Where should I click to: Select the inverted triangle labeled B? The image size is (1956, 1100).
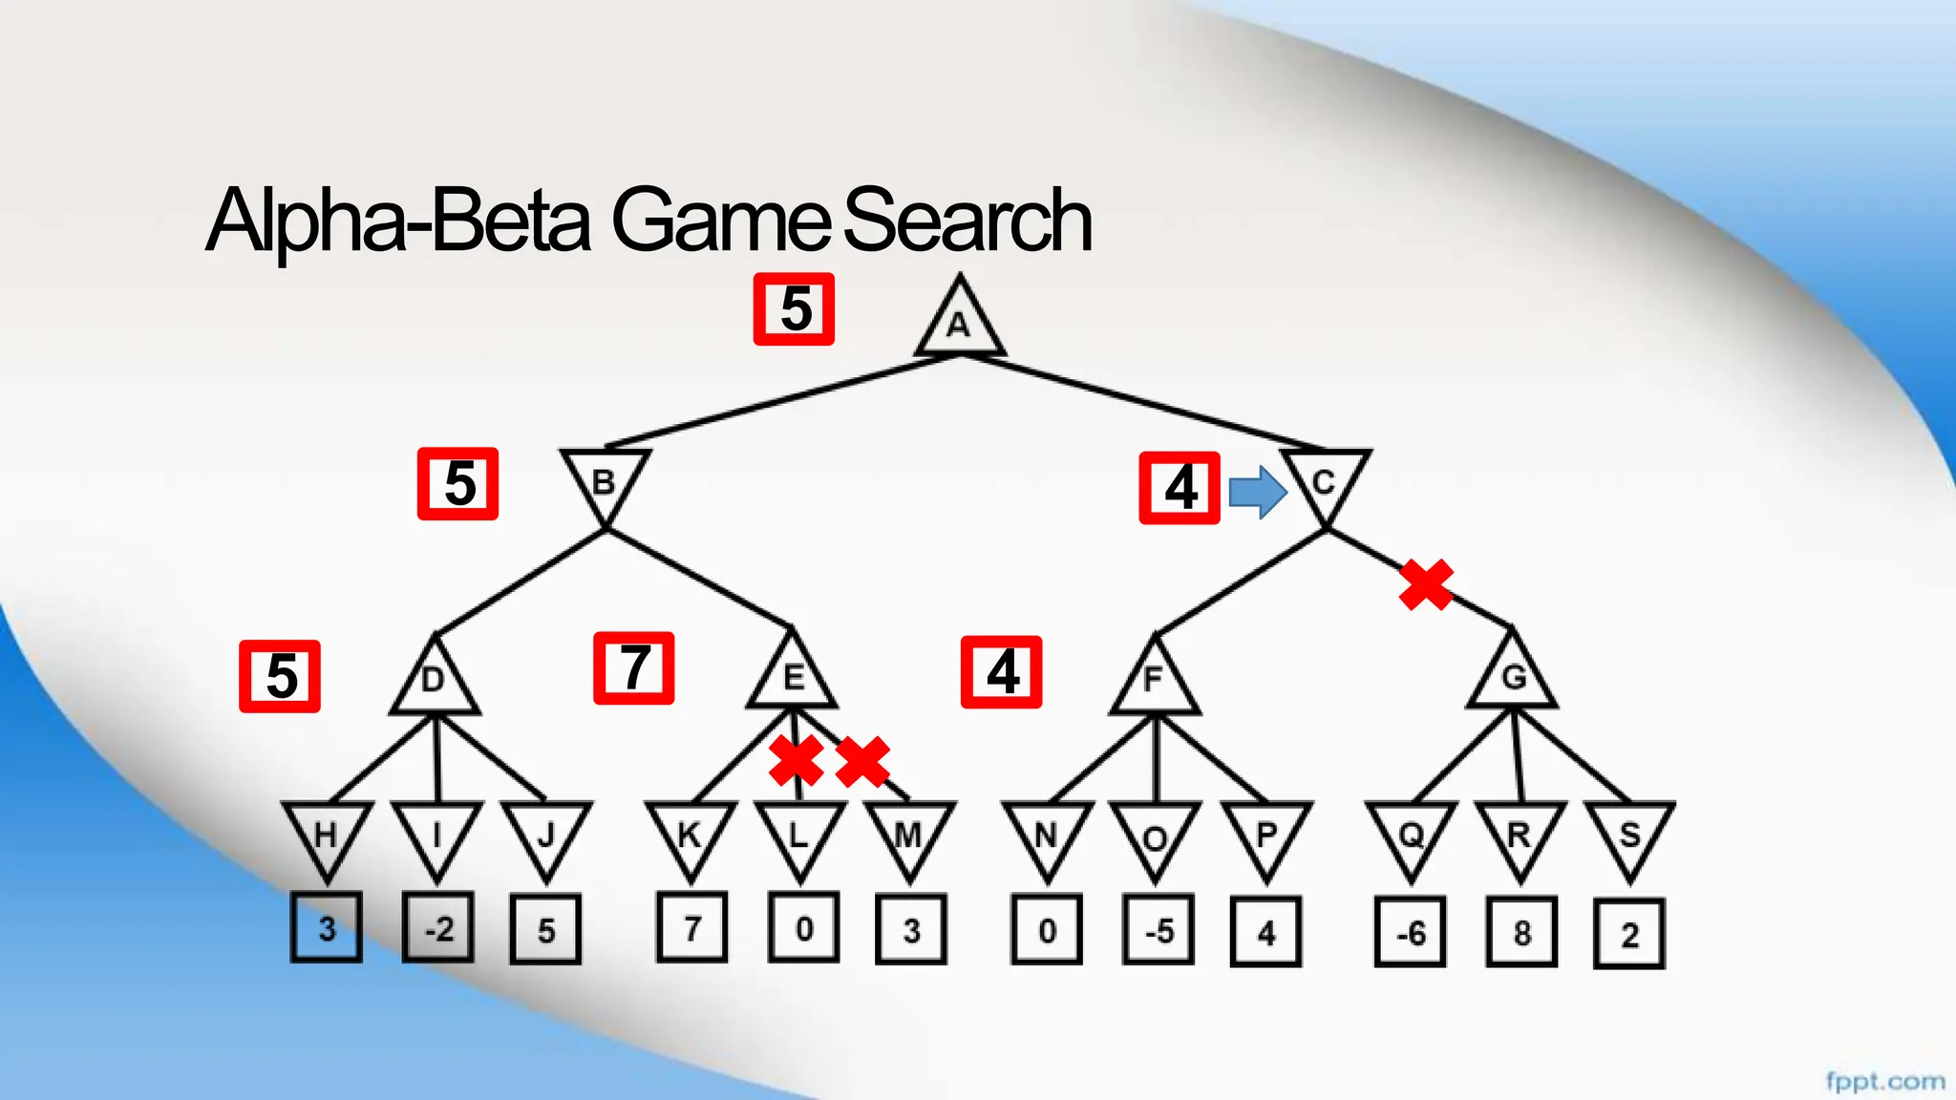coord(605,480)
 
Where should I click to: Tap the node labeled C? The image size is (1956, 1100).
coord(1325,481)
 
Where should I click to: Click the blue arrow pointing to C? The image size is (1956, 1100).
coord(1257,493)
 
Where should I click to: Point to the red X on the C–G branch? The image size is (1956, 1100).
coord(1426,584)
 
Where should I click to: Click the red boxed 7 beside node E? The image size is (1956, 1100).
coord(634,668)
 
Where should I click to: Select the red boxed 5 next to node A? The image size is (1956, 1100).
coord(794,309)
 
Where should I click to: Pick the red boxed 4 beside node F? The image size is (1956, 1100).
coord(1001,672)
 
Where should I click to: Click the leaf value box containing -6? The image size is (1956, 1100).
coord(1410,933)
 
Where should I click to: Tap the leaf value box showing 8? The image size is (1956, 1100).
coord(1521,933)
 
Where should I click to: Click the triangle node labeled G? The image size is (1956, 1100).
coord(1513,675)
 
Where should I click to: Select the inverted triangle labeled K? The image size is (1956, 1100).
coord(691,835)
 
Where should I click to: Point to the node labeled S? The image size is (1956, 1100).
coord(1629,836)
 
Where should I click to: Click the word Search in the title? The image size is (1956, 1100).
coord(967,221)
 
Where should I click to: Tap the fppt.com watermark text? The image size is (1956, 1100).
coord(1884,1081)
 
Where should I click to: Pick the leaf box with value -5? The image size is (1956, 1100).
coord(1158,931)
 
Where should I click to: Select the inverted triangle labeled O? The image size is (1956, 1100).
coord(1155,836)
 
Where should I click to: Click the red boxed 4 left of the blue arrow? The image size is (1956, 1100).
coord(1180,488)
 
